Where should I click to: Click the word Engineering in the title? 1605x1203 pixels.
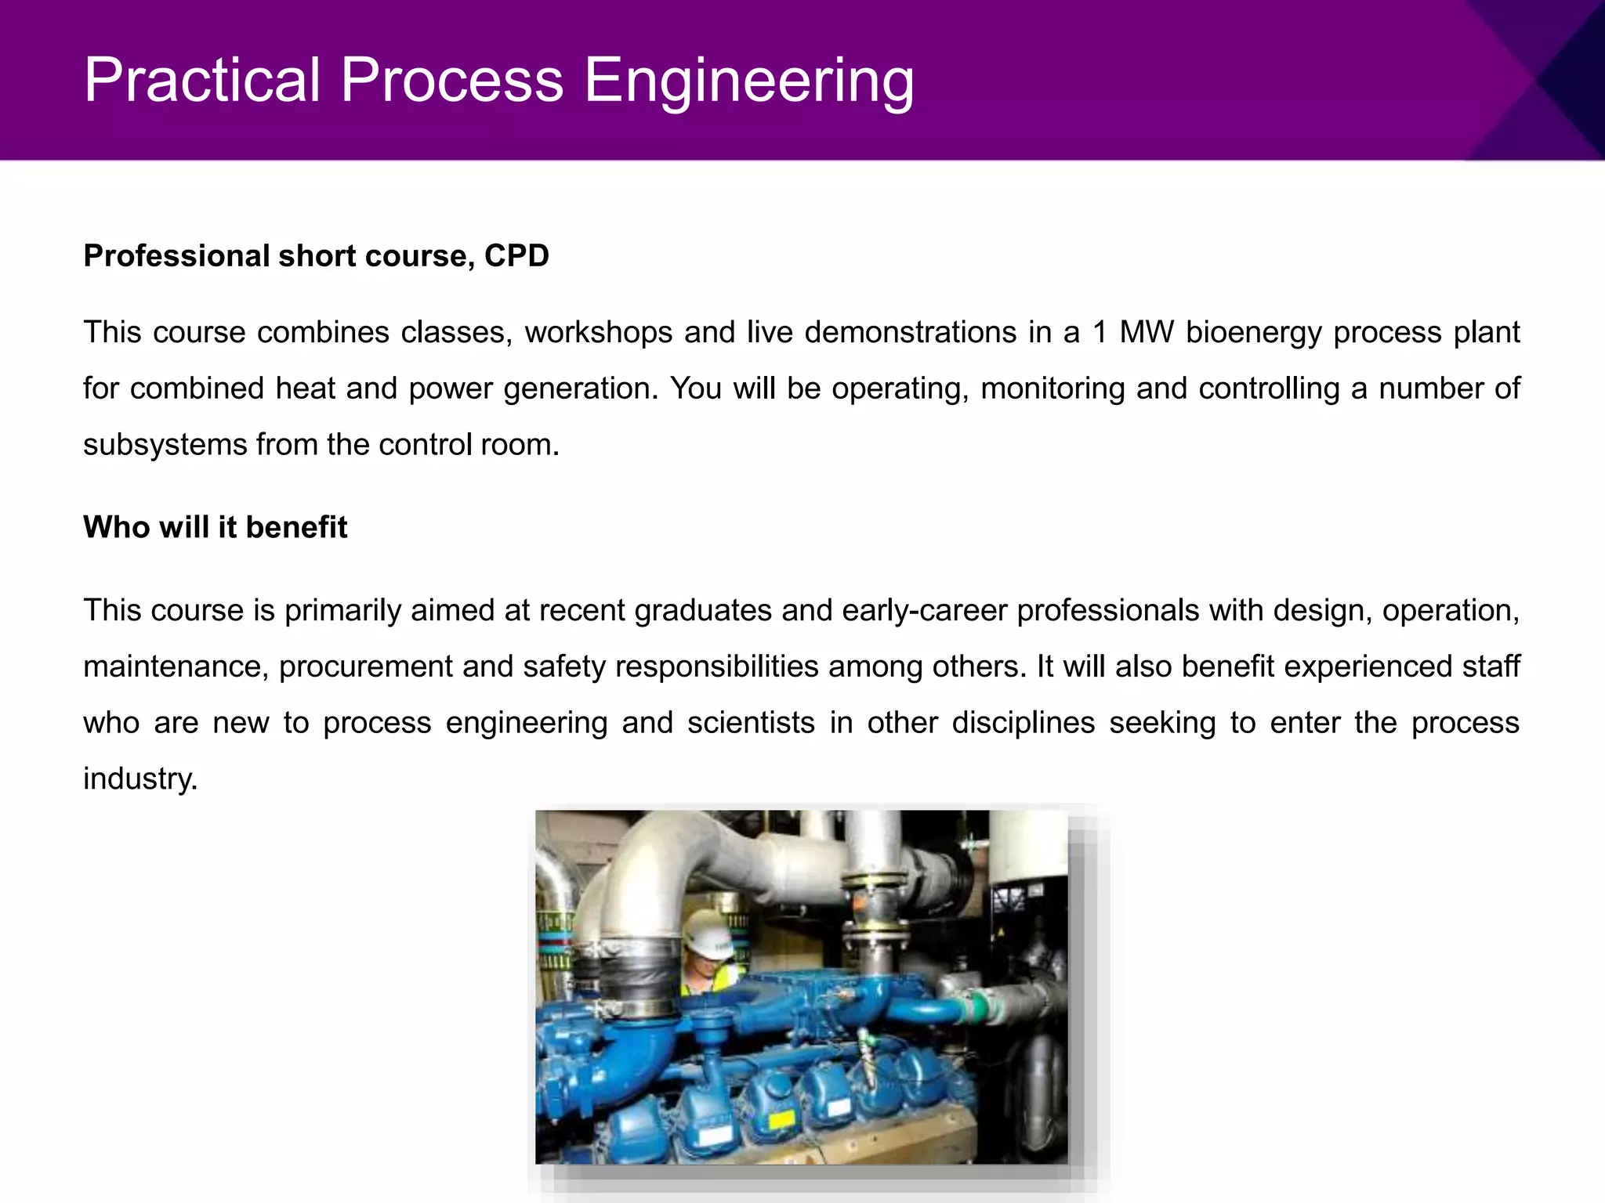(748, 81)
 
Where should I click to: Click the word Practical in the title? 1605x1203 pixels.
(202, 81)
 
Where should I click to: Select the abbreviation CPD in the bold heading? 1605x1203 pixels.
(516, 256)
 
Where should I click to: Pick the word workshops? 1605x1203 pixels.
(598, 333)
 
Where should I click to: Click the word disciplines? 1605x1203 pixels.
(1023, 722)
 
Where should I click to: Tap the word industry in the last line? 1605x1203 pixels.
(139, 779)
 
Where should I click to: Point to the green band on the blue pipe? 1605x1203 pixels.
(975, 1006)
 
